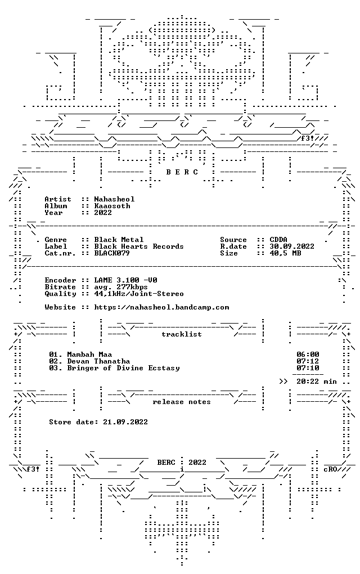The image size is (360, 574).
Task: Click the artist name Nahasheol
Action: click(115, 199)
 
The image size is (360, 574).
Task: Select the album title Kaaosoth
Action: click(112, 206)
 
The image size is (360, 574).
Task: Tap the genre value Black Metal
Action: click(119, 240)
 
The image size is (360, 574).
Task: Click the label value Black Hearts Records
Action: click(139, 246)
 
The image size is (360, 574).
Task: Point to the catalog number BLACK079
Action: click(112, 253)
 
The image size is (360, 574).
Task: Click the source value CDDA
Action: click(278, 240)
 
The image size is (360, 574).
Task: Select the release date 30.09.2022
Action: click(292, 246)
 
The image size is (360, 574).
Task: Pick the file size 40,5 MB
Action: click(285, 253)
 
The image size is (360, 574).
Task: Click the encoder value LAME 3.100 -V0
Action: click(126, 280)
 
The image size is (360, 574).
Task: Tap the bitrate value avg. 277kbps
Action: click(121, 287)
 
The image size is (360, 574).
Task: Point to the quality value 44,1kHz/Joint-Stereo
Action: click(139, 294)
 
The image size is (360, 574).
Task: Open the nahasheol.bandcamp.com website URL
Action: click(161, 307)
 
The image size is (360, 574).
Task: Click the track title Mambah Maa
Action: click(89, 355)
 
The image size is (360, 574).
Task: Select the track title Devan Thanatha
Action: click(98, 361)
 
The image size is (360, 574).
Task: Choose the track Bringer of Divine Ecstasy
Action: click(123, 368)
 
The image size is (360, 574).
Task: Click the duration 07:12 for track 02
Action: click(308, 361)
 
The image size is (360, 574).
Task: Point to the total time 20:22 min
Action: click(317, 382)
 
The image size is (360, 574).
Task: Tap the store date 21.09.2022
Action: click(125, 422)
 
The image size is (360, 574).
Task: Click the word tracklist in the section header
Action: click(182, 334)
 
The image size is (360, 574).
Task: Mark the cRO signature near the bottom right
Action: click(330, 469)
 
